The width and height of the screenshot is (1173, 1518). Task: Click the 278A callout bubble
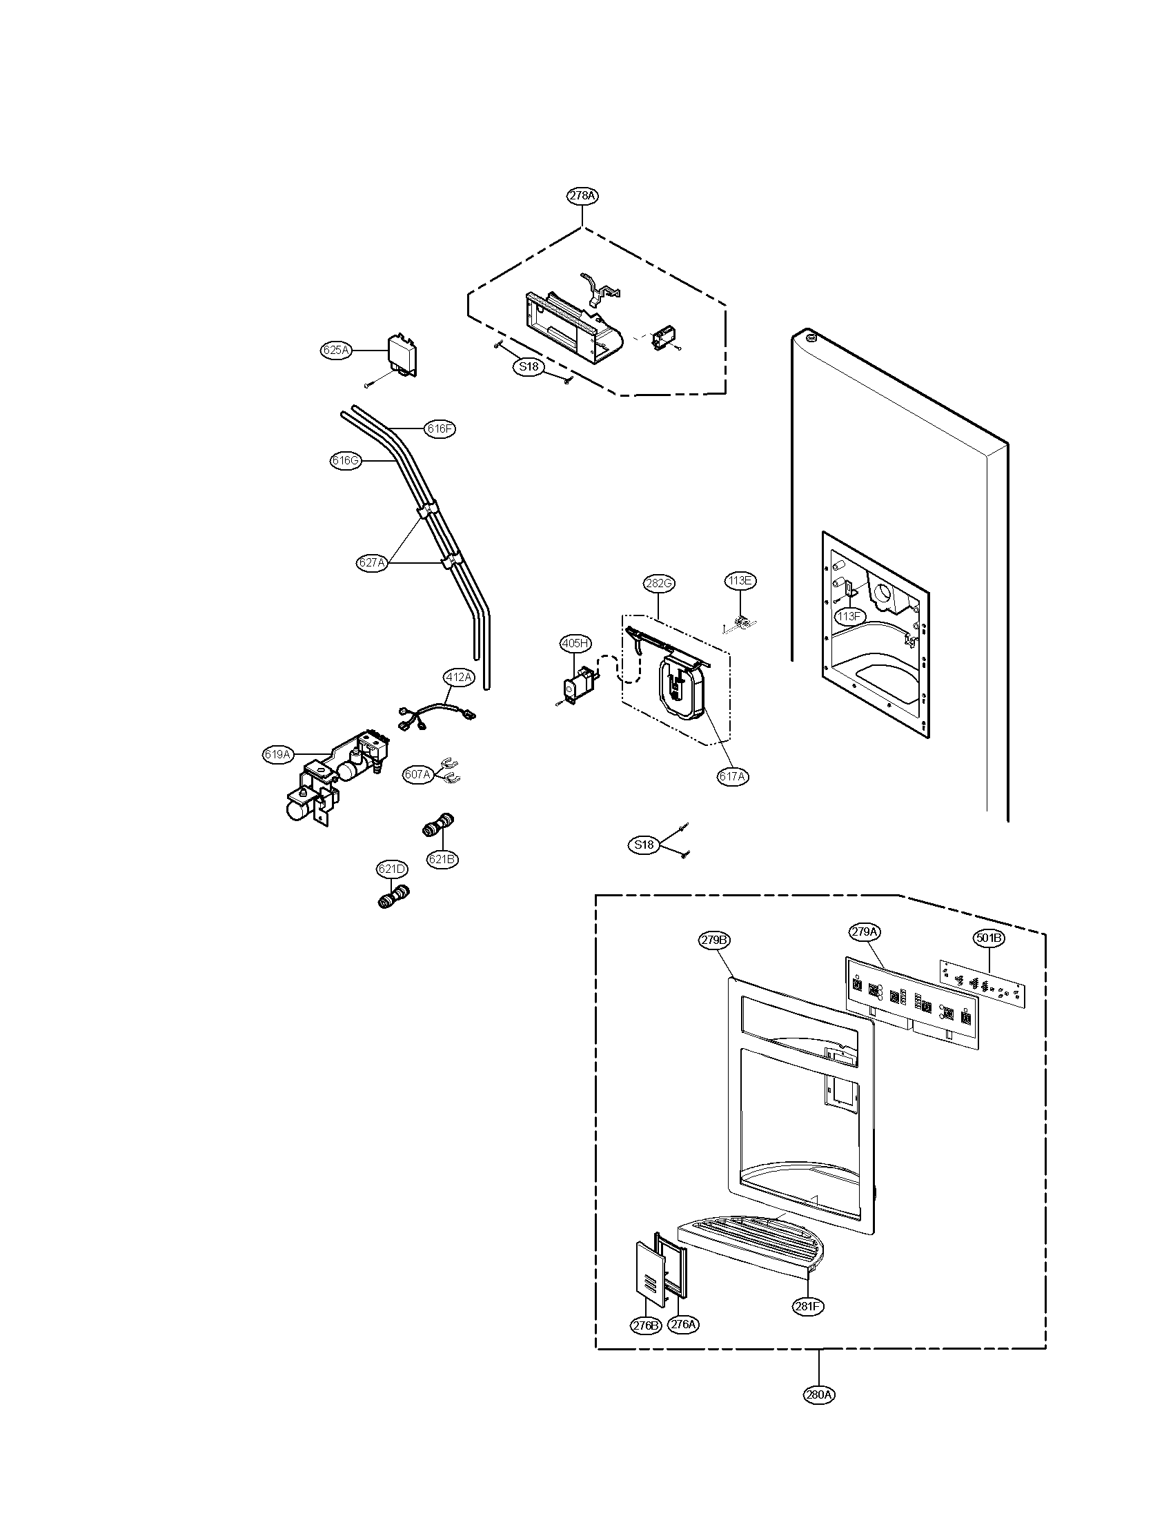click(x=582, y=196)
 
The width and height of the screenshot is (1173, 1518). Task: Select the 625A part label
click(x=335, y=351)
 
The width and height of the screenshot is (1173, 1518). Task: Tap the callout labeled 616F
click(x=441, y=429)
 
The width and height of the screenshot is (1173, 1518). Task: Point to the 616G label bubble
click(x=346, y=460)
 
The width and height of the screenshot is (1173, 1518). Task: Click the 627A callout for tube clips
click(x=372, y=563)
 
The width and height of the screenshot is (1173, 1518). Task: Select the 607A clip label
click(x=418, y=773)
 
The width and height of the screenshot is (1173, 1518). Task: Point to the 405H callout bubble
click(x=575, y=644)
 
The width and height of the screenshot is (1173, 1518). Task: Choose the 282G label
click(x=659, y=583)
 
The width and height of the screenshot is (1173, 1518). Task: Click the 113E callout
click(x=740, y=580)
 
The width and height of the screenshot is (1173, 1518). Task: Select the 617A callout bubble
click(x=733, y=777)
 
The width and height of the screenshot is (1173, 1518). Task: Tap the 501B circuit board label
click(x=988, y=938)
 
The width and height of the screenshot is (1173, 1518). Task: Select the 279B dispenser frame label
click(x=714, y=940)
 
